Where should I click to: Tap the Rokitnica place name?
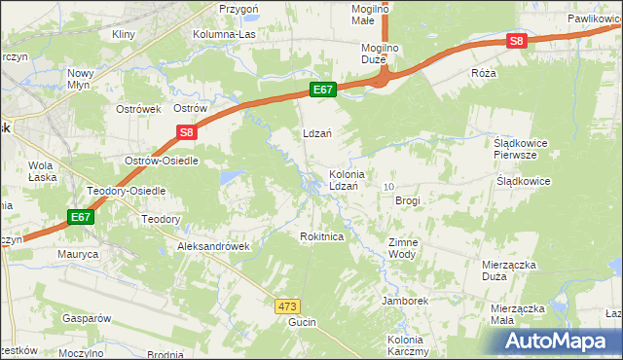click(322, 236)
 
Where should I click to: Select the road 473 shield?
click(286, 306)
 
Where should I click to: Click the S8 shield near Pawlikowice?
click(516, 41)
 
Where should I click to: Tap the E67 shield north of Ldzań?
click(324, 90)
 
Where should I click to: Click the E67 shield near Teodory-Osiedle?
click(82, 218)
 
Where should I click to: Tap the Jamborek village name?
click(405, 301)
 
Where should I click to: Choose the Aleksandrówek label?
click(213, 246)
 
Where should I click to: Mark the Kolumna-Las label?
click(226, 35)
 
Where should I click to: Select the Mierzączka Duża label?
click(508, 270)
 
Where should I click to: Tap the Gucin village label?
click(302, 321)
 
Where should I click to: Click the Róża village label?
click(483, 73)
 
